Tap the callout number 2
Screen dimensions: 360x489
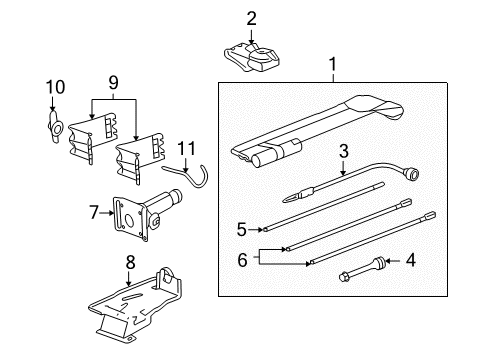pyautogui.click(x=251, y=17)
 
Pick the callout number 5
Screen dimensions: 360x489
pyautogui.click(x=241, y=228)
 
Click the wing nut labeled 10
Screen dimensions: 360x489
pyautogui.click(x=55, y=126)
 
